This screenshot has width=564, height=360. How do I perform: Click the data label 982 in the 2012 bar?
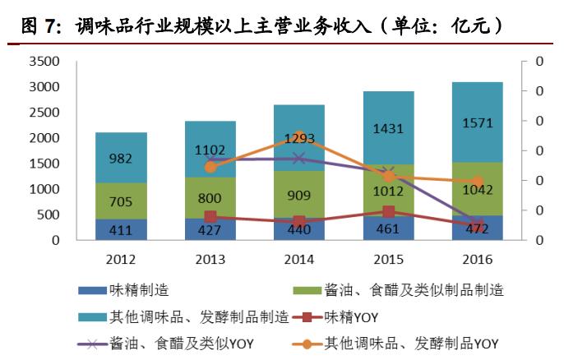point(121,158)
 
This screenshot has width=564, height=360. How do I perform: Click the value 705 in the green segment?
point(121,202)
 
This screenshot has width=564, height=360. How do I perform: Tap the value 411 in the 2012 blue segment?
point(121,230)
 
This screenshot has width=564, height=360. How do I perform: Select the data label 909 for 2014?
point(299,196)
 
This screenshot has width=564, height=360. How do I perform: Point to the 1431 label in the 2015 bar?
point(388,129)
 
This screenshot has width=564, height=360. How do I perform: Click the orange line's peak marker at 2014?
point(299,137)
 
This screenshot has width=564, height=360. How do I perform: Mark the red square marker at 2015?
point(388,211)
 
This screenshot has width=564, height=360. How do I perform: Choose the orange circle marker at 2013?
point(210,167)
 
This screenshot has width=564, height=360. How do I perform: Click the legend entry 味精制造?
point(140,290)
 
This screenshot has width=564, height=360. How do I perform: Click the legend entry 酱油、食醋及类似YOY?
point(181,343)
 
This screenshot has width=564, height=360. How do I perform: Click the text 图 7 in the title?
point(40,27)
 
